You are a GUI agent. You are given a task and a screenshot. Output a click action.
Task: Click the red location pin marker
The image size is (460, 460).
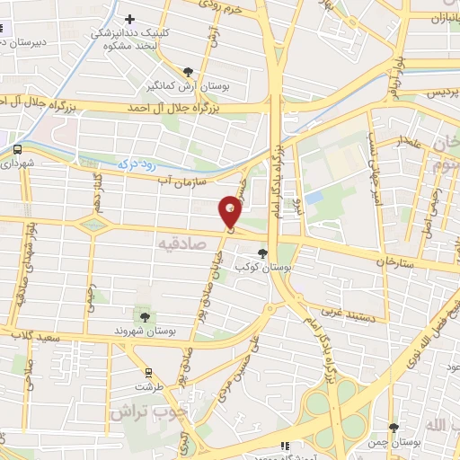230,212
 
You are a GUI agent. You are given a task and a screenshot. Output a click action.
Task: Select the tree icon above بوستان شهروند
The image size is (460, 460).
144,315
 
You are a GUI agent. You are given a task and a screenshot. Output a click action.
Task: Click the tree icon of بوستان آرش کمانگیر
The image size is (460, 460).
188,72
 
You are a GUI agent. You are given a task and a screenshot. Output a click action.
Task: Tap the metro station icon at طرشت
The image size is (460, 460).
147,371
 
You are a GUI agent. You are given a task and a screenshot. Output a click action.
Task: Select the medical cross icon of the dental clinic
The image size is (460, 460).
130,18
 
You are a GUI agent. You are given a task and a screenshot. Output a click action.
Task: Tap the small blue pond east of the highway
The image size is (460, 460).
314,196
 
